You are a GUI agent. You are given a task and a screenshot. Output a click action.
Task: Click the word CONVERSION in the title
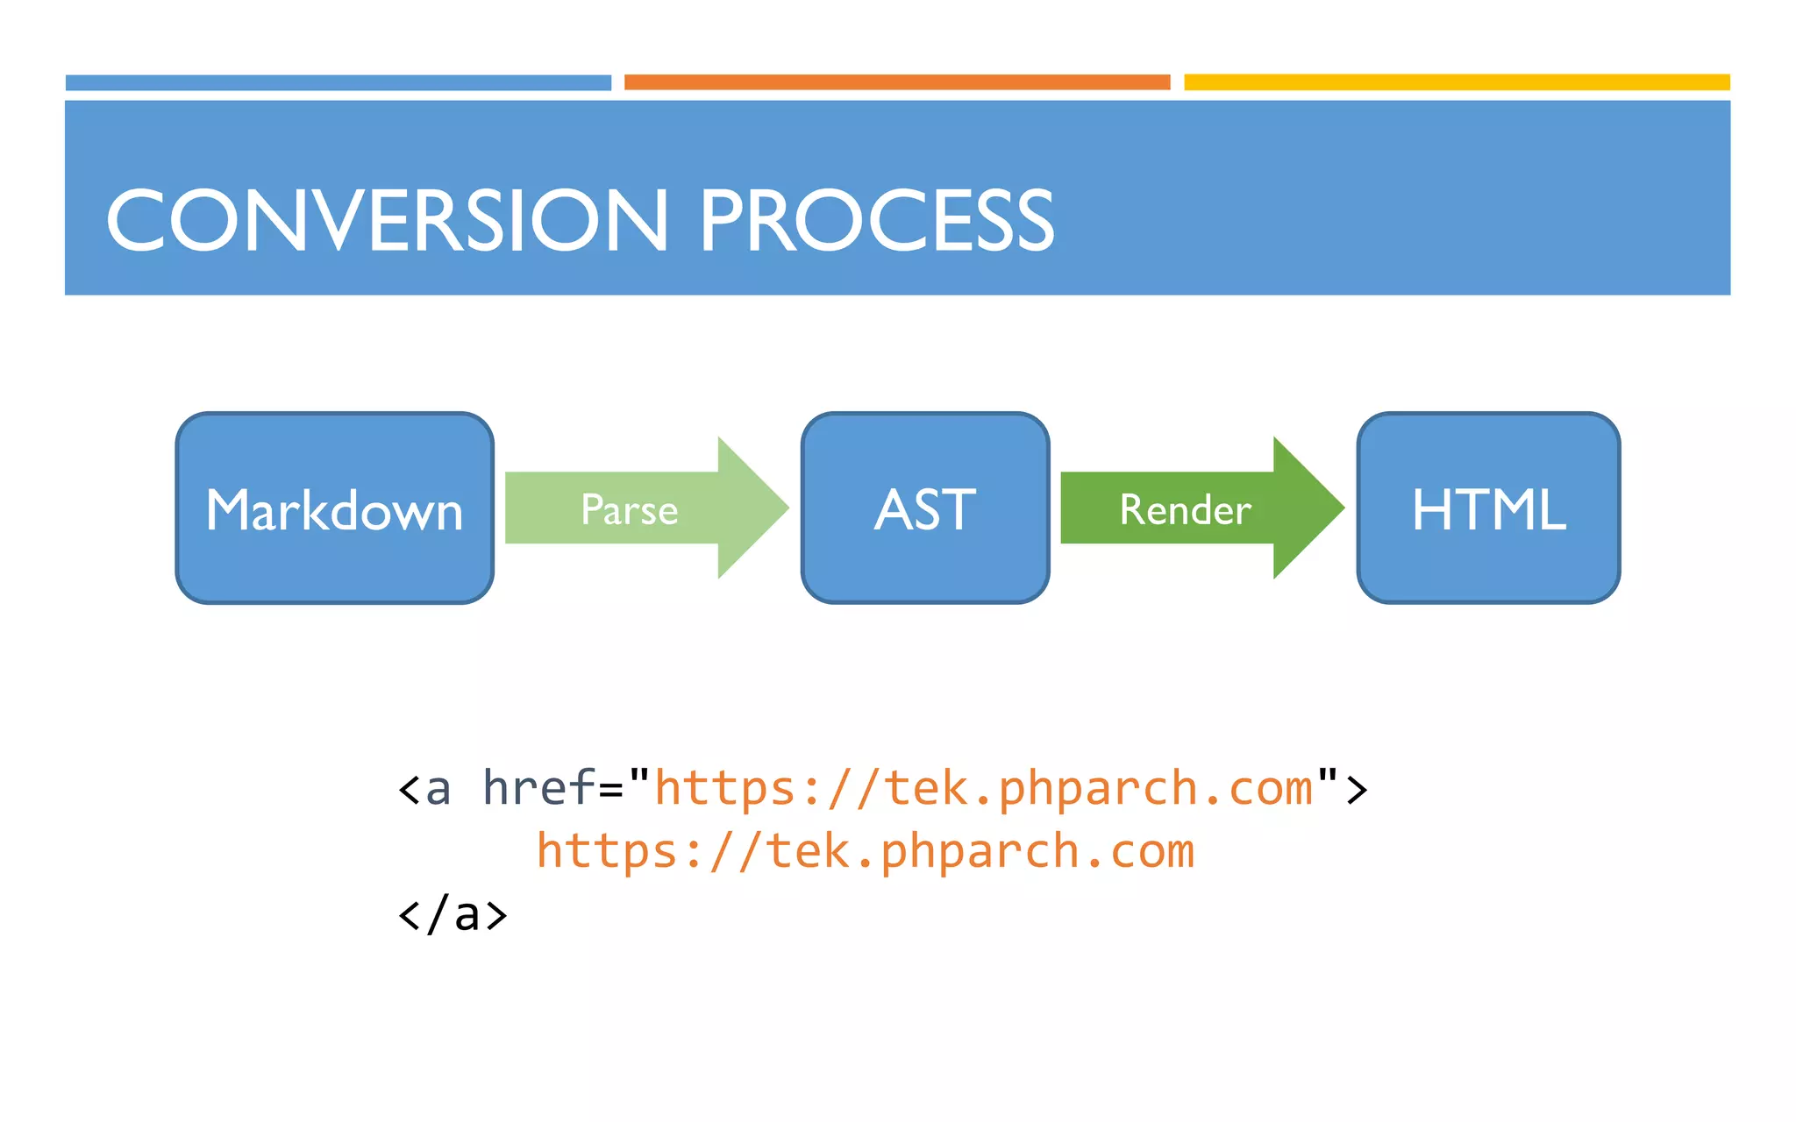[386, 221]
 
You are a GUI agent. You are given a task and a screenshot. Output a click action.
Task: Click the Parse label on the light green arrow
[629, 510]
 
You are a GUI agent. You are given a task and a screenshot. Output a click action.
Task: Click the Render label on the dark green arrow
[1185, 510]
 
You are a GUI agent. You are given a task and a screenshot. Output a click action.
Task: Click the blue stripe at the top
[338, 82]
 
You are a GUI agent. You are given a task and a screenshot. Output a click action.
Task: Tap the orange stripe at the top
[897, 82]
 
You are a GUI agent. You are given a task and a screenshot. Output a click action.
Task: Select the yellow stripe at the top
[1457, 82]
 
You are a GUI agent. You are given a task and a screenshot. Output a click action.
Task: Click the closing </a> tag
[453, 914]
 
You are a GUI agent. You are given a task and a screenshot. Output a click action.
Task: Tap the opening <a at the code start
[424, 788]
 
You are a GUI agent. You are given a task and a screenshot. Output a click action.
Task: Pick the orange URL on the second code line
[865, 851]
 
